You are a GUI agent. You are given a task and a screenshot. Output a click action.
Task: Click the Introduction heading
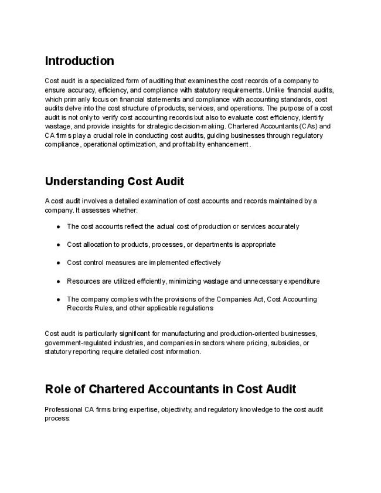point(79,61)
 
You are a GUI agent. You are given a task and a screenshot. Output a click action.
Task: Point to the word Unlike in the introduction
point(275,90)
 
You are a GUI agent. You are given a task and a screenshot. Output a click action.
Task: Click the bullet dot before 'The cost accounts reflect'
point(59,226)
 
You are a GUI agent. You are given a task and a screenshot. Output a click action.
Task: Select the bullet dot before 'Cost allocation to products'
point(59,244)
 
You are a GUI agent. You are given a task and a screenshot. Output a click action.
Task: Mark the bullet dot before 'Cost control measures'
point(59,263)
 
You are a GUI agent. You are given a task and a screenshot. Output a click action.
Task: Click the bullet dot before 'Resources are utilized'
point(59,281)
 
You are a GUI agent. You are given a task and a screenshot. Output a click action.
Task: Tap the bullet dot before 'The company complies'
point(59,300)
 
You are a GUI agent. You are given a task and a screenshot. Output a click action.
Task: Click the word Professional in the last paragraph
point(63,410)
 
